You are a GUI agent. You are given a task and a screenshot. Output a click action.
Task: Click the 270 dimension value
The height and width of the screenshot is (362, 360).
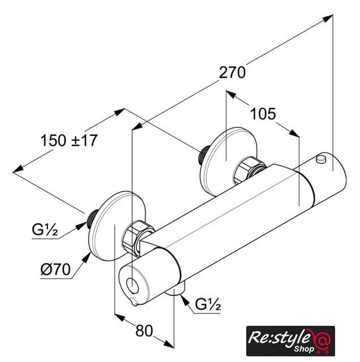(x=233, y=72)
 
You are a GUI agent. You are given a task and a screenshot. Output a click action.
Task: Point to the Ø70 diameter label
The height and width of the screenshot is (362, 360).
(x=55, y=270)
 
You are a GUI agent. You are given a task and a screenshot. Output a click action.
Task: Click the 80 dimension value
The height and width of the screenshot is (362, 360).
(x=145, y=330)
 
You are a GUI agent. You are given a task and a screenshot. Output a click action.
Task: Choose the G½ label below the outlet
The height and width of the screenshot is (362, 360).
(x=207, y=306)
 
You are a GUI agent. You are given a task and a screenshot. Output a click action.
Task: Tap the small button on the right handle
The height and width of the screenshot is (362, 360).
(x=322, y=159)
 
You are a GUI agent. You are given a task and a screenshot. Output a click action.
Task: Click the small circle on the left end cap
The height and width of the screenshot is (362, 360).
(x=131, y=284)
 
